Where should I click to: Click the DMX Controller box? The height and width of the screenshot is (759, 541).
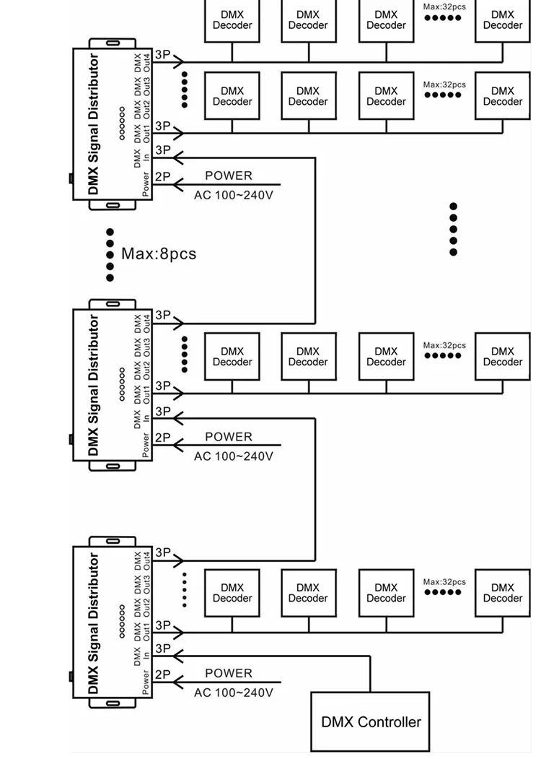[x=371, y=721]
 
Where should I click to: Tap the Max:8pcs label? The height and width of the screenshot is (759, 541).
[x=158, y=254]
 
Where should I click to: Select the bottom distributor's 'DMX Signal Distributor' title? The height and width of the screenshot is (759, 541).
[x=93, y=624]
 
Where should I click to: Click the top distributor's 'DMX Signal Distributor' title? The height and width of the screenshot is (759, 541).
[x=93, y=124]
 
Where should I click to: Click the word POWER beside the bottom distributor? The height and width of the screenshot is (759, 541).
[x=229, y=673]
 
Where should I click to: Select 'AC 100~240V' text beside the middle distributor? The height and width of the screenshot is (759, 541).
[x=233, y=456]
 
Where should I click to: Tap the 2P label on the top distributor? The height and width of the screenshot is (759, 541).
[x=162, y=175]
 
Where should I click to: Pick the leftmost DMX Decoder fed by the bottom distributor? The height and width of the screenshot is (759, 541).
[x=232, y=593]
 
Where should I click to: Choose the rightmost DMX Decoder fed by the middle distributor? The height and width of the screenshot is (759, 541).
[x=502, y=357]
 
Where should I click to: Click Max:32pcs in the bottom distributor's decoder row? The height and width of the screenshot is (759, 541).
[x=444, y=582]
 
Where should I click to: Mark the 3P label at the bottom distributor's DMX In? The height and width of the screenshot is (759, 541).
[x=162, y=649]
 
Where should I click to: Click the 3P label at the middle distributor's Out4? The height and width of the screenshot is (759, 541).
[x=162, y=316]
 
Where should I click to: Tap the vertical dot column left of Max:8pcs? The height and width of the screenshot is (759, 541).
[x=110, y=255]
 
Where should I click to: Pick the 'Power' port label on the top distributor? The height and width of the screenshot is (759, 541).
[x=146, y=183]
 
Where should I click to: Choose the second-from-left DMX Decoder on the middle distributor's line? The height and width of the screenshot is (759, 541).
[x=308, y=357]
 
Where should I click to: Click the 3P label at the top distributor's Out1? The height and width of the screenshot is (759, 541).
[x=162, y=126]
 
